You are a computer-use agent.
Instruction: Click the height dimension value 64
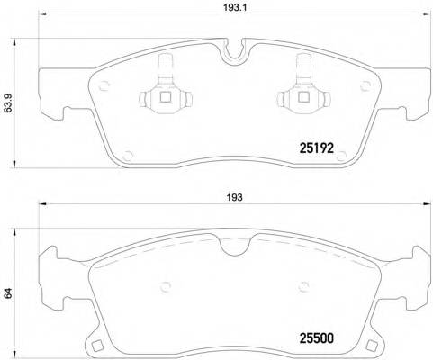(8, 292)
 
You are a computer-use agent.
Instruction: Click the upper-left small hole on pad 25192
(104, 88)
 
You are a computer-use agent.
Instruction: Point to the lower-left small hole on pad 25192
(122, 155)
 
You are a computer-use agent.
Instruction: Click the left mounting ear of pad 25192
(50, 99)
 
